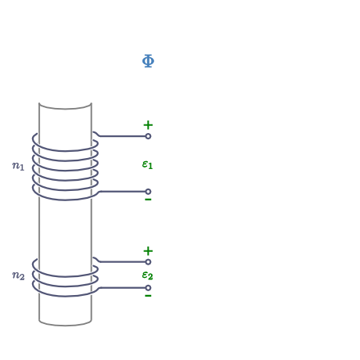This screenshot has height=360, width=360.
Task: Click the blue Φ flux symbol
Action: pos(148,61)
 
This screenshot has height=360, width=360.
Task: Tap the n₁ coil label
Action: pos(18,166)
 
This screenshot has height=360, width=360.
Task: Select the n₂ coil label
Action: pos(18,275)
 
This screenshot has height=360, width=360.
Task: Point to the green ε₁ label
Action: pos(147,164)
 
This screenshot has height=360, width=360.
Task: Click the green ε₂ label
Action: pos(147,275)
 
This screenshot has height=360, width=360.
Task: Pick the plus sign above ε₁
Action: pos(148,125)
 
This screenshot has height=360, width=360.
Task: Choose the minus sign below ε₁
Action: pos(148,200)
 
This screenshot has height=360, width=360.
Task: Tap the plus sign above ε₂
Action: pos(148,251)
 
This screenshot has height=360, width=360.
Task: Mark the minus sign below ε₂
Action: pos(148,296)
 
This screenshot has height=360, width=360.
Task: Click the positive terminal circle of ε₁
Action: pos(148,136)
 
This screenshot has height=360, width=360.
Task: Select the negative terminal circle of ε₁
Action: pos(148,192)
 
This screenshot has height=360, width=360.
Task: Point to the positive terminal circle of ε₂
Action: pos(148,262)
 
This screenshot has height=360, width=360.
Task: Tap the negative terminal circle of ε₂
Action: pos(148,288)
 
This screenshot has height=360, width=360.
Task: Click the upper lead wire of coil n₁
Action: pos(120,136)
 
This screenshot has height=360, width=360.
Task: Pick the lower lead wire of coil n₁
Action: pos(121,192)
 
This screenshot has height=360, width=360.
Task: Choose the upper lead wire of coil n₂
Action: pos(120,262)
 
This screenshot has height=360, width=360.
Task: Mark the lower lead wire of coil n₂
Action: pos(121,288)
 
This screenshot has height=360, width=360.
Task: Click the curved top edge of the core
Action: pos(65,109)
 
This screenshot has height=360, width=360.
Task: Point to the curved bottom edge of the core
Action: pos(65,326)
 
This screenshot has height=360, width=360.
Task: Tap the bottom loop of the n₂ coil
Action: pos(64,296)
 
